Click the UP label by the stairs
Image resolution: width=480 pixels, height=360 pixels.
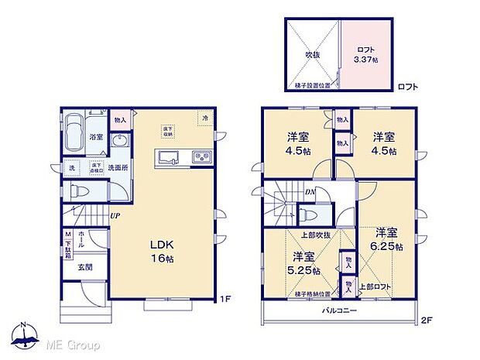[114, 215]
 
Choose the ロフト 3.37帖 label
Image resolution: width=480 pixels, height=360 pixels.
[365, 54]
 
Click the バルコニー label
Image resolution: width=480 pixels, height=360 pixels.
[339, 310]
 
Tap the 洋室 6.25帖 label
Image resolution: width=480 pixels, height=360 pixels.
[387, 239]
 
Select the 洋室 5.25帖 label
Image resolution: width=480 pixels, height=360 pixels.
[303, 264]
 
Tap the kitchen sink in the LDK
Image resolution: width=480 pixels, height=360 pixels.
[170, 159]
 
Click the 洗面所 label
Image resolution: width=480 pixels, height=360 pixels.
[118, 166]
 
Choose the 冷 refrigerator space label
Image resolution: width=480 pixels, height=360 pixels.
[205, 118]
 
